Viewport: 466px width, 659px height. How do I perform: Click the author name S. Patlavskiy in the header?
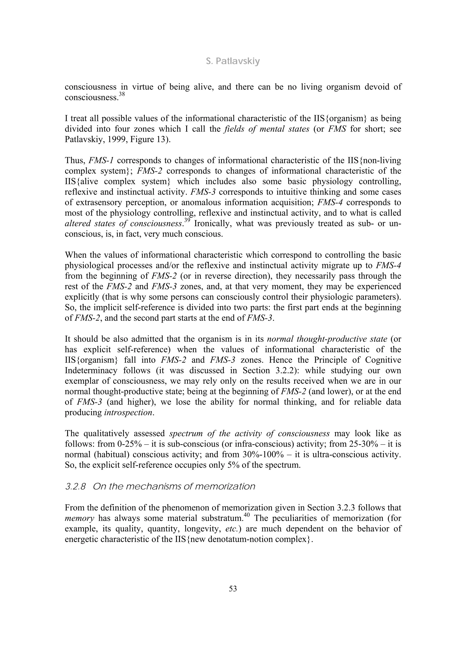coord(233,61)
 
